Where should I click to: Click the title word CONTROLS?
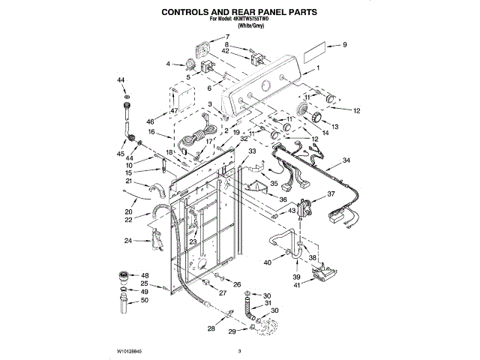click(190, 13)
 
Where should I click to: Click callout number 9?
click(345, 46)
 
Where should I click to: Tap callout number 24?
click(127, 241)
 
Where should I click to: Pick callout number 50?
click(145, 301)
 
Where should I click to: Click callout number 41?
click(297, 285)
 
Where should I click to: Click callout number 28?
click(211, 328)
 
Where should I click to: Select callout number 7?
click(228, 37)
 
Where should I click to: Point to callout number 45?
click(120, 153)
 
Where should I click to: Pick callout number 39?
click(295, 276)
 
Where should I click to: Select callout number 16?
click(151, 132)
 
